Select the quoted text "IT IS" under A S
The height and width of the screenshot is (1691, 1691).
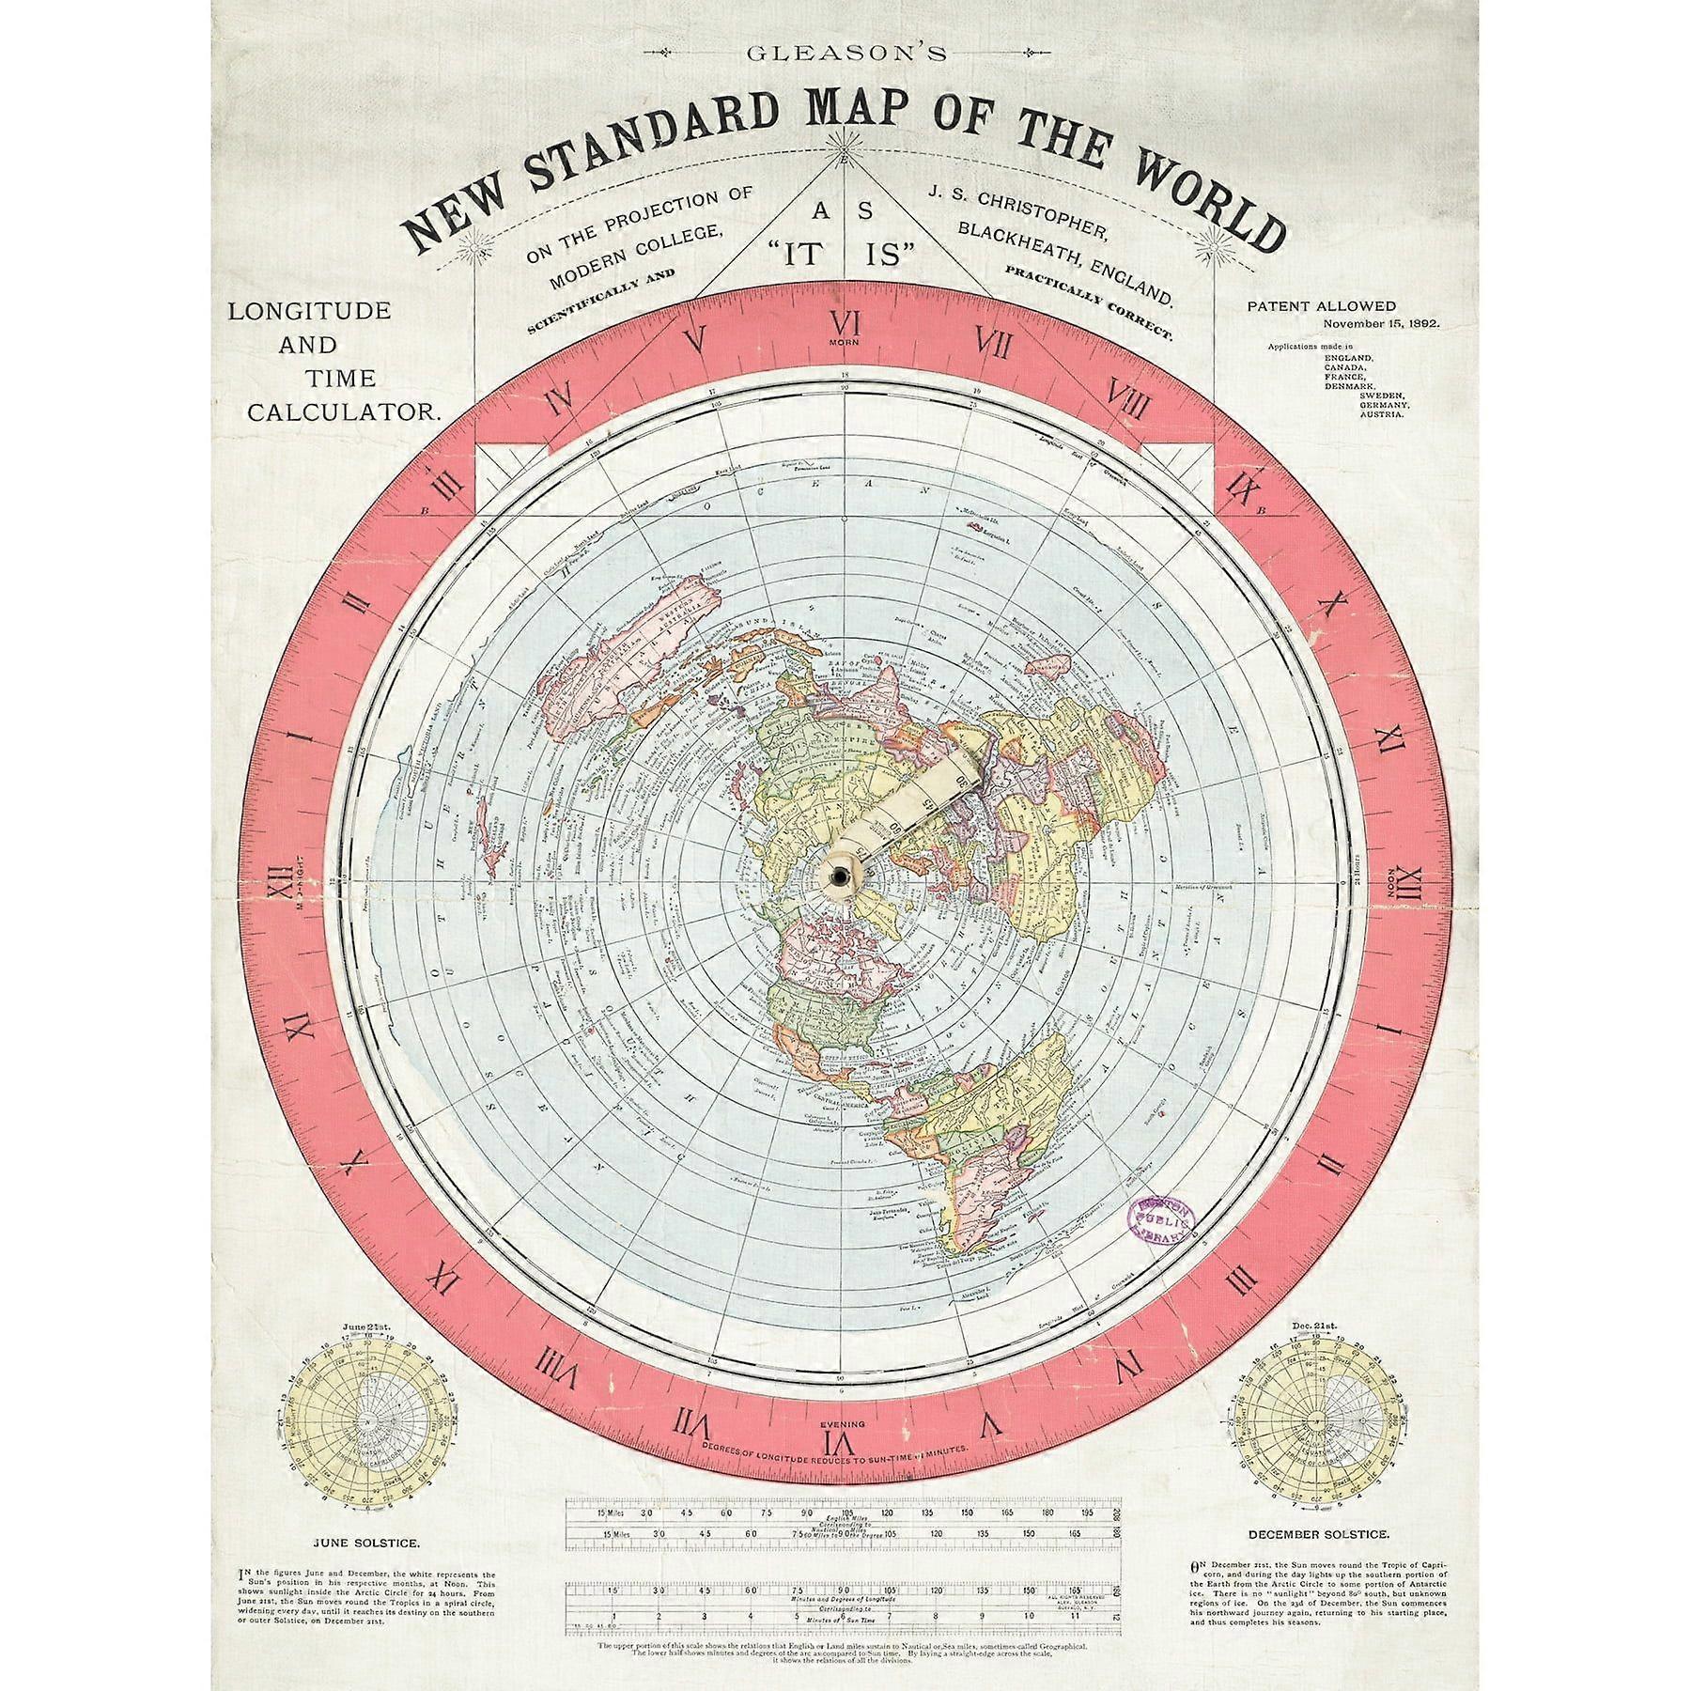click(845, 253)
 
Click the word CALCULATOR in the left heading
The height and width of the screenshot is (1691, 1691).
click(344, 411)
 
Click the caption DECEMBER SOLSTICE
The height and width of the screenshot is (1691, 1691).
click(1323, 1534)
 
